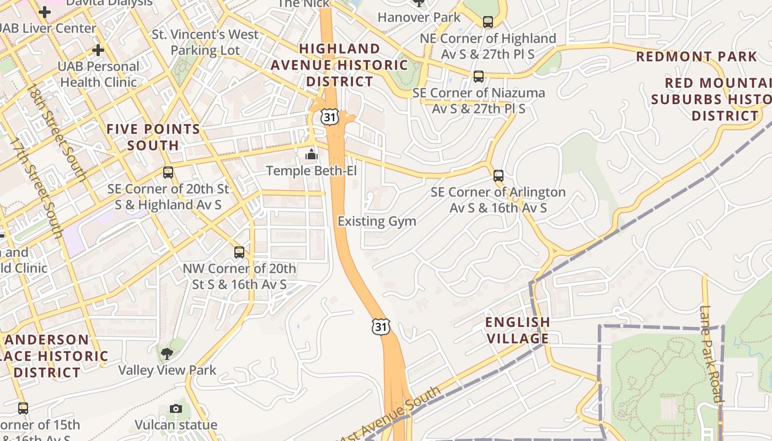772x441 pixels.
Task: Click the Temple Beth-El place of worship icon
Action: [312, 154]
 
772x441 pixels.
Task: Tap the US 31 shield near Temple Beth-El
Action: [329, 117]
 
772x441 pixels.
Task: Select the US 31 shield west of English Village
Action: [380, 326]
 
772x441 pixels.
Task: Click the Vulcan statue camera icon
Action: [176, 408]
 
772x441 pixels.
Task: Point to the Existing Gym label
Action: [377, 222]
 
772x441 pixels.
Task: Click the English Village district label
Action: [517, 330]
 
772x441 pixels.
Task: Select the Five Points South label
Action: [153, 137]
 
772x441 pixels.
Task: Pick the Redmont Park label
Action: [697, 57]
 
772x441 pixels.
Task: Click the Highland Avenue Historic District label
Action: [339, 65]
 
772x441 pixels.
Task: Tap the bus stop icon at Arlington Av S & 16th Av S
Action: [498, 176]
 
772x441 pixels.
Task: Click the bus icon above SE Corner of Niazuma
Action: [479, 77]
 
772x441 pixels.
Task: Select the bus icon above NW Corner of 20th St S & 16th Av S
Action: [239, 252]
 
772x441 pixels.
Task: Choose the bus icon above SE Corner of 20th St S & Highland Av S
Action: [168, 173]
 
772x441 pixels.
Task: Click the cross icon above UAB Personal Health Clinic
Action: [98, 51]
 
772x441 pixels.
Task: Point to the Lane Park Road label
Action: [711, 353]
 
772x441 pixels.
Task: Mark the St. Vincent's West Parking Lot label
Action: [205, 42]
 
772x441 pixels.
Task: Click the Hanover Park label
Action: [419, 18]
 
